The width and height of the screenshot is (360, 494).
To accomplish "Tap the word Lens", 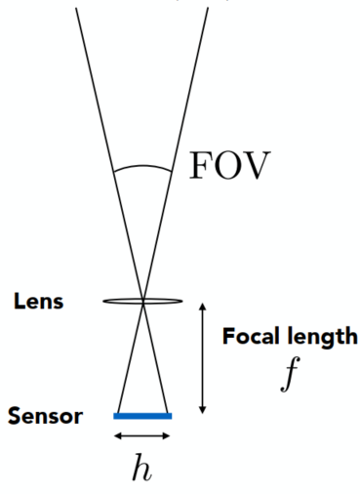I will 39,301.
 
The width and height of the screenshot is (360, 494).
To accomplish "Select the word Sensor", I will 46,417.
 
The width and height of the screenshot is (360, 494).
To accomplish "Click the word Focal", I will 249,338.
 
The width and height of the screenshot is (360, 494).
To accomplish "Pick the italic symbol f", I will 286,375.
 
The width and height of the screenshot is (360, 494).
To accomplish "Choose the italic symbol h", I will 142,468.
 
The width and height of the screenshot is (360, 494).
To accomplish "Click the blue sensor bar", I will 142,416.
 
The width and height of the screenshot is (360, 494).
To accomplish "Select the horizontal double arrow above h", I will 142,434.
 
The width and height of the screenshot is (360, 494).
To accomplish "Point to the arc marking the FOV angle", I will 146,165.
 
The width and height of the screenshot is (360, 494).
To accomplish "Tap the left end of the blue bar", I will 116,416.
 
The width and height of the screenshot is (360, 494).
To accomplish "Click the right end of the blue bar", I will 170,416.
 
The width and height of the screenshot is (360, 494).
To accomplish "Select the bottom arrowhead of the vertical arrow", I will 202,409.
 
